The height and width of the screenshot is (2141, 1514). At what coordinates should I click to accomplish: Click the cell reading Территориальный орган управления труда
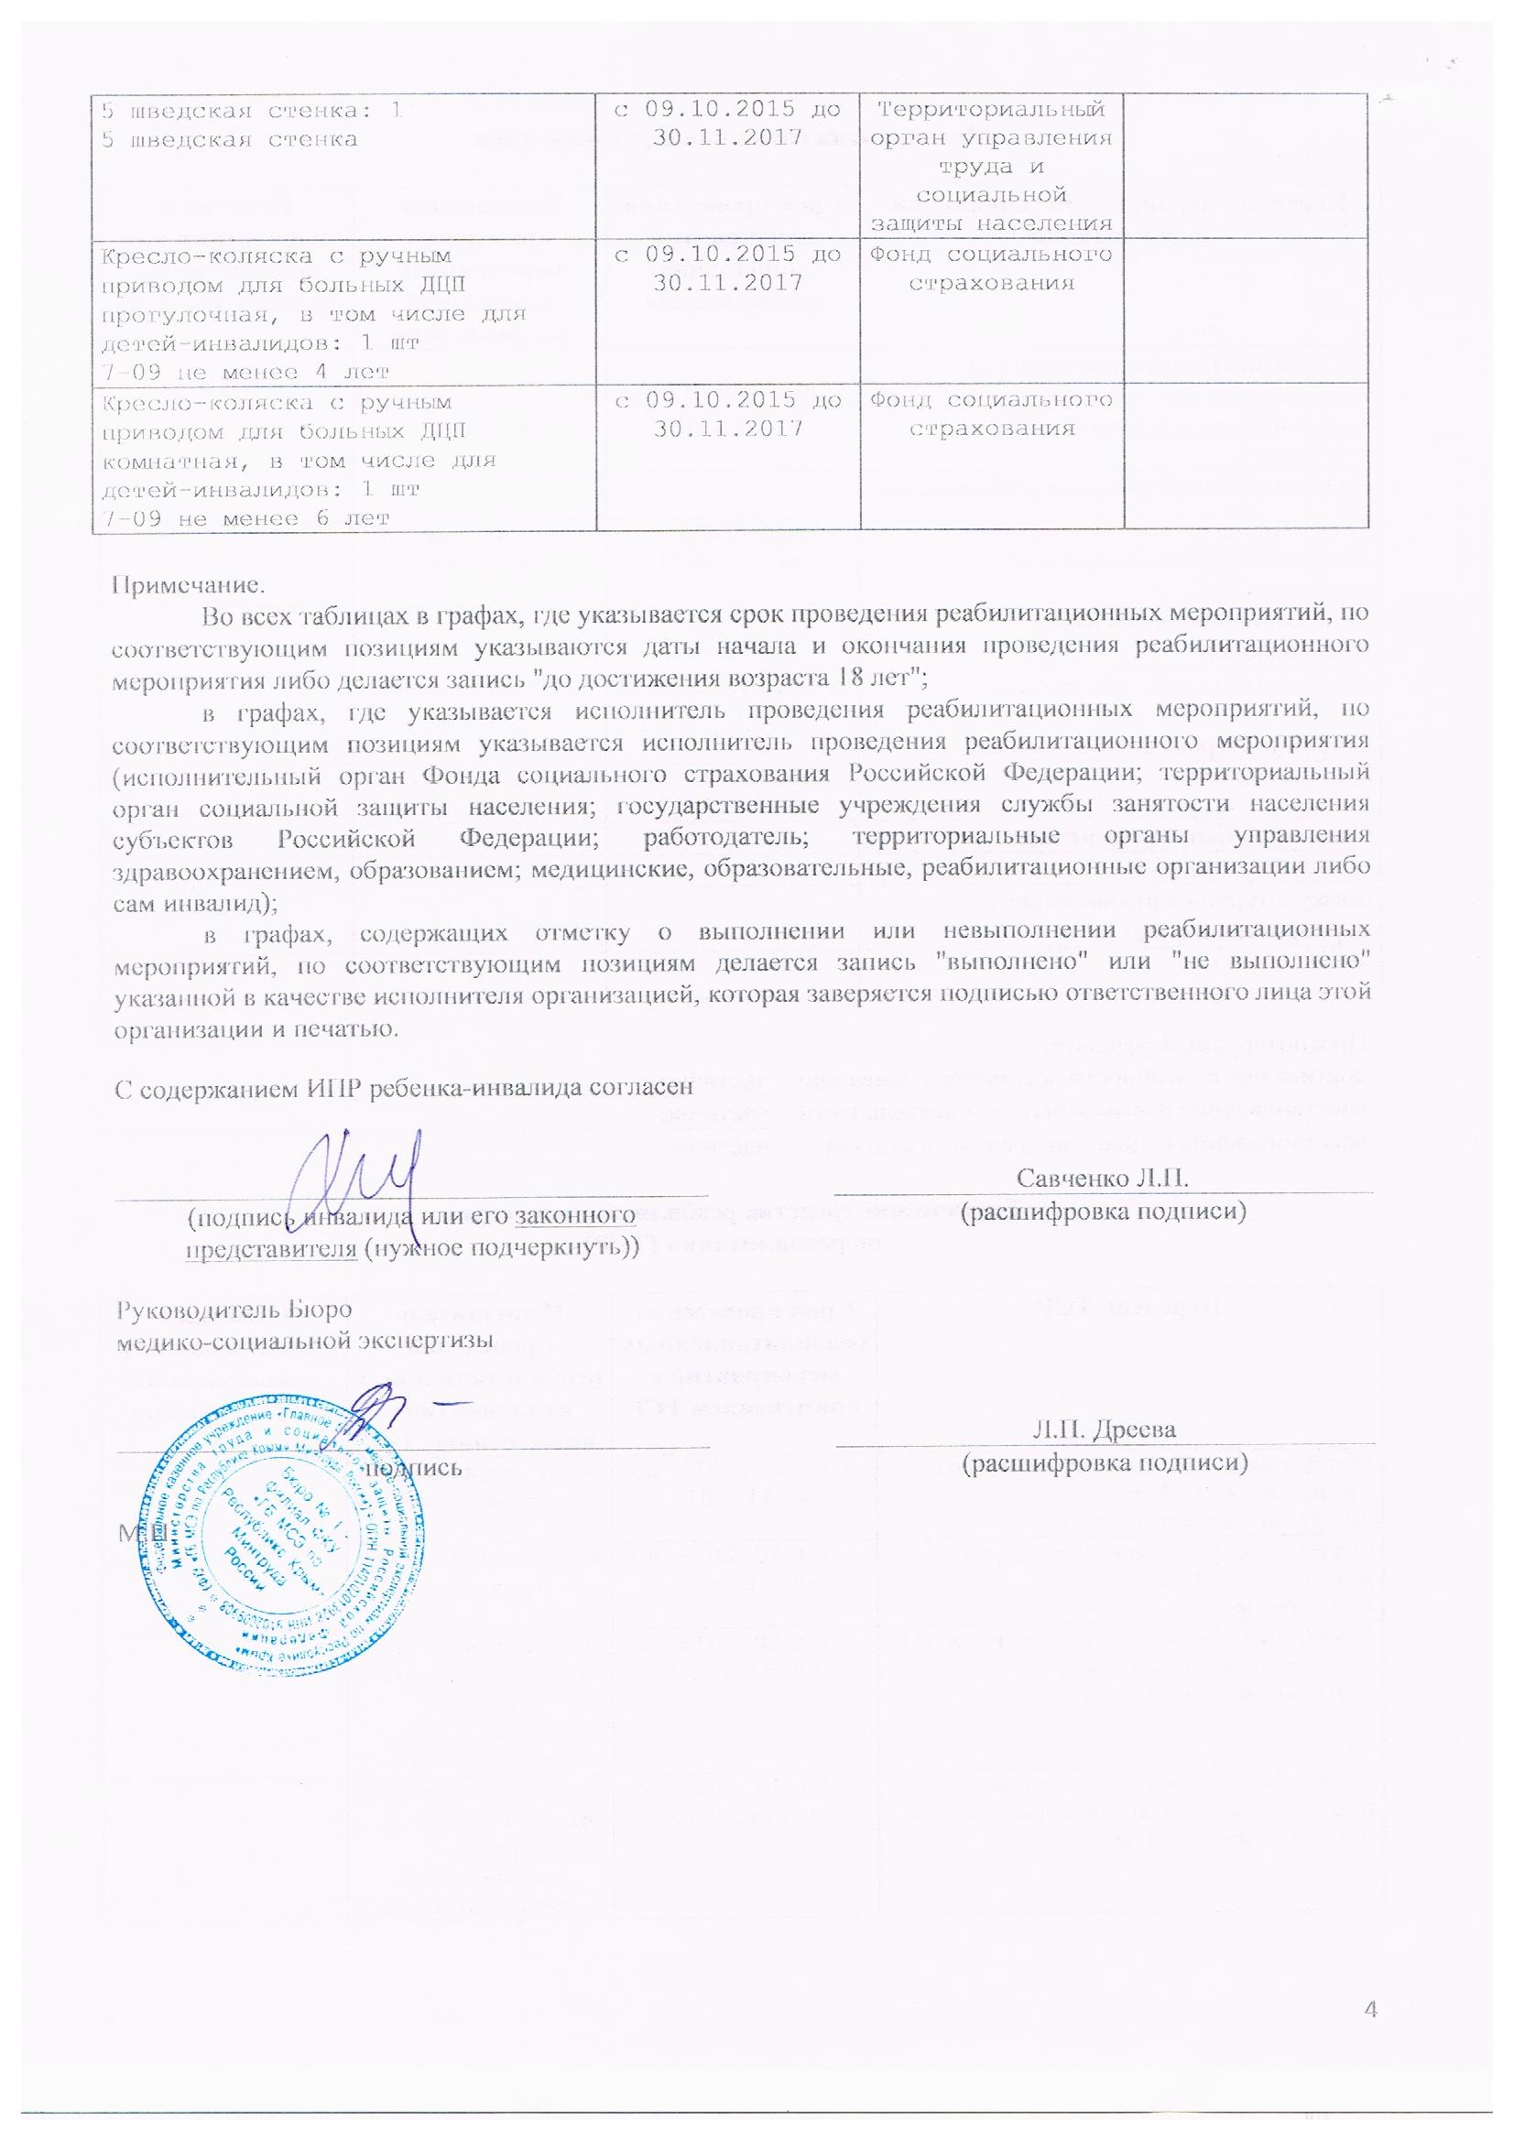992,166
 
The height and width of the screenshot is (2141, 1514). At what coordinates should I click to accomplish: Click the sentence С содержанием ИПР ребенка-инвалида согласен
403,1086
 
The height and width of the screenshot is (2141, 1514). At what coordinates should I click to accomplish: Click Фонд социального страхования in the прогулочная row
992,266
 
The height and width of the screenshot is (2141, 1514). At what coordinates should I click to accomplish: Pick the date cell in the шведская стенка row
727,123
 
